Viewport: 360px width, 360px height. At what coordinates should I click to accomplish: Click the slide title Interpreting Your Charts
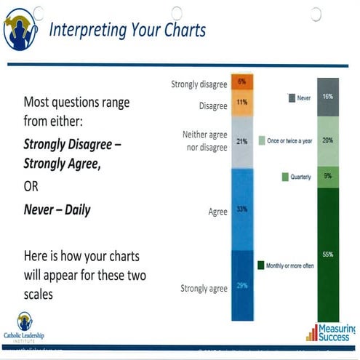(x=127, y=30)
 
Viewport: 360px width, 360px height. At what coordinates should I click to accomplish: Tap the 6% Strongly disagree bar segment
(x=241, y=81)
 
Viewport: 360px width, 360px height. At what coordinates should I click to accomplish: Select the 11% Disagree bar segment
(x=241, y=102)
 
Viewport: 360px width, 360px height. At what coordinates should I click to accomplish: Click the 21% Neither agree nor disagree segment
(x=241, y=141)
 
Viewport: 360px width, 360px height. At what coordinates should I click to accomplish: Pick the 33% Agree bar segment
(x=241, y=209)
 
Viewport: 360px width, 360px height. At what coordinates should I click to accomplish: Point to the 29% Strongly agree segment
(x=241, y=285)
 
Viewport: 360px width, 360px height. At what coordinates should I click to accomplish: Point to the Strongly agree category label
(x=204, y=289)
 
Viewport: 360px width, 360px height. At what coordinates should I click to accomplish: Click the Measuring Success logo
(x=331, y=333)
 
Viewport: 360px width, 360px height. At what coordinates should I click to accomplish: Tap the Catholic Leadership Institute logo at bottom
(x=25, y=327)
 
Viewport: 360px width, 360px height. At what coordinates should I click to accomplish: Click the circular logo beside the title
(x=20, y=31)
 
